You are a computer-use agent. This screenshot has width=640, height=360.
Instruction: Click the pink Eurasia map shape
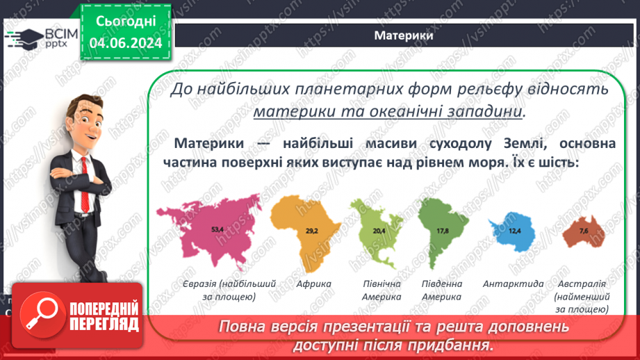208,233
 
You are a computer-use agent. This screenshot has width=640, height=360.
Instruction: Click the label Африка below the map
313,284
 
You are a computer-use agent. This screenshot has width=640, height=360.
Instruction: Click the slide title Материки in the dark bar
404,36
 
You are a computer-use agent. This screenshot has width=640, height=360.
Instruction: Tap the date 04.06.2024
125,43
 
